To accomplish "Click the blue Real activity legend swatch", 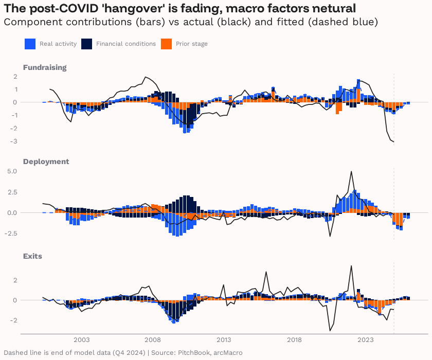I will (x=29, y=44).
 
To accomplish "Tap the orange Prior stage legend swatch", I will (x=166, y=44).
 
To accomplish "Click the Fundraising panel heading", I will (x=44, y=67).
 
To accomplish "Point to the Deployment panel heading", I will (x=45, y=161).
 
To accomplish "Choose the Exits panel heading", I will (x=32, y=256).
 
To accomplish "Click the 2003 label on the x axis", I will (x=81, y=340).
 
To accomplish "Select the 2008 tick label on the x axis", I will (x=152, y=340).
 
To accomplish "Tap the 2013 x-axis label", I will (x=224, y=340).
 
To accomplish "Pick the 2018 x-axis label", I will (x=295, y=340).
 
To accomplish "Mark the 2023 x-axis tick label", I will (x=366, y=340).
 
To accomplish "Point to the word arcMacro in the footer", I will (x=226, y=353).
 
